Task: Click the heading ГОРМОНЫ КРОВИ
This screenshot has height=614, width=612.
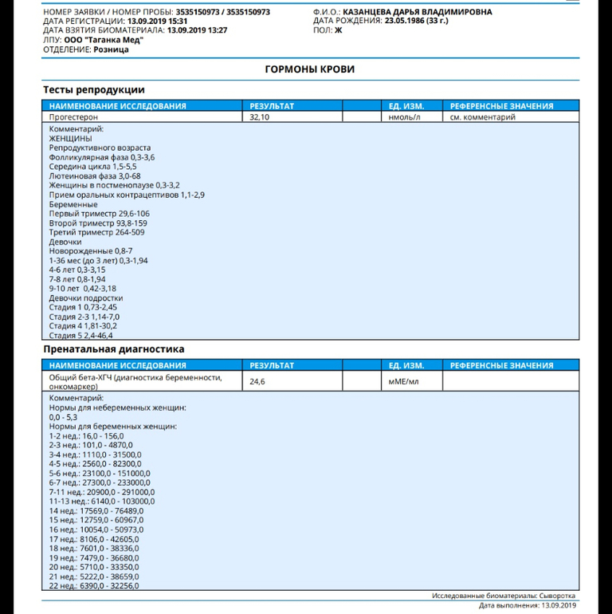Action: click(309, 69)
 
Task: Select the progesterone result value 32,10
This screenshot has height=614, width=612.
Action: click(261, 116)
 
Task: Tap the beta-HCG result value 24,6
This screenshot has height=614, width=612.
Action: click(257, 382)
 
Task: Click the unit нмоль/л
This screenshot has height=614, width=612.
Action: click(404, 116)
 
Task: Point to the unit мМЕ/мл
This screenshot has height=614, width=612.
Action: click(402, 382)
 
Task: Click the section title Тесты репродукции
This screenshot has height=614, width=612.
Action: click(93, 90)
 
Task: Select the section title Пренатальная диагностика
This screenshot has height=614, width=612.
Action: click(113, 349)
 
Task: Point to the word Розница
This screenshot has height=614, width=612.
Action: click(108, 49)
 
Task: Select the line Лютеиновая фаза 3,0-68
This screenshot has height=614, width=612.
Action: click(95, 176)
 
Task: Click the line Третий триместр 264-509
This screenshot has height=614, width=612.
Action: click(97, 232)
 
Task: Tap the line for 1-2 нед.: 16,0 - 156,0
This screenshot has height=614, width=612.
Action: click(86, 435)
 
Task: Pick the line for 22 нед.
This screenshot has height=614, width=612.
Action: click(93, 585)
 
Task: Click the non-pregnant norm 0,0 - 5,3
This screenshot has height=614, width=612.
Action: click(63, 416)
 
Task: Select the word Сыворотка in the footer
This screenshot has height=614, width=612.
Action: click(555, 596)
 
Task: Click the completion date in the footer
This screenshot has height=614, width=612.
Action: click(556, 605)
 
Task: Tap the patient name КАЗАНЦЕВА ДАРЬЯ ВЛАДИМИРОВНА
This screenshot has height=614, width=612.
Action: click(418, 12)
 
